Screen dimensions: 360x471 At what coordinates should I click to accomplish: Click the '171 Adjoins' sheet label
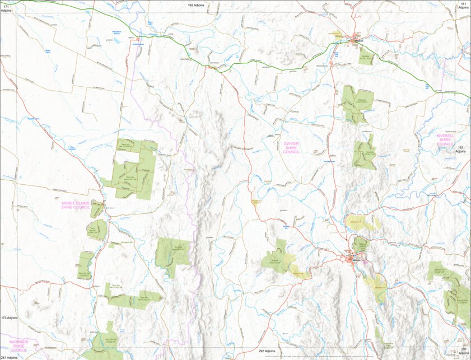7,7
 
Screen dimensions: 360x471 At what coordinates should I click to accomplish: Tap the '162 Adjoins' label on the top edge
195,4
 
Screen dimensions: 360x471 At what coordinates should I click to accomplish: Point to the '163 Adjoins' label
460,148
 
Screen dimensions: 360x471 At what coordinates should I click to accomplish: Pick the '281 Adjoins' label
8,357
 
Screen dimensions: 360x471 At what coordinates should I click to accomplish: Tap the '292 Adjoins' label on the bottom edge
267,350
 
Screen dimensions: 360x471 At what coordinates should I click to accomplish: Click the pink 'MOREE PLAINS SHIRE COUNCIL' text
76,205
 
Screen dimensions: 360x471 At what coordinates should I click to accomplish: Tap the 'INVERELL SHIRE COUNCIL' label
445,139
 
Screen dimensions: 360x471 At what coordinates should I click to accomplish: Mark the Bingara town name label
356,261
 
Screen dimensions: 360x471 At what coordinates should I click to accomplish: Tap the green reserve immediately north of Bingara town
360,244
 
